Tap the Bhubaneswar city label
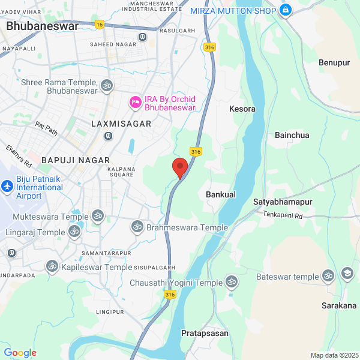click(42, 26)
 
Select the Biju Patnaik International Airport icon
click(7, 187)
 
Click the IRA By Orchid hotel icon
click(135, 104)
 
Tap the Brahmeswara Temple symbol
click(137, 227)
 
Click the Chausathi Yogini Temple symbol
click(232, 281)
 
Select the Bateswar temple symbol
click(328, 276)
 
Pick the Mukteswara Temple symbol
click(97, 216)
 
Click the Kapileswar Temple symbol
click(53, 266)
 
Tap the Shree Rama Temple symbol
click(107, 86)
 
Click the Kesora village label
click(242, 109)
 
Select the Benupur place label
click(334, 62)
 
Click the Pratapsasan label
click(205, 333)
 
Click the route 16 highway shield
click(99, 24)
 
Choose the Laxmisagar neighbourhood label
click(121, 123)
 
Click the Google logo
click(20, 353)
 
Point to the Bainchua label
click(292, 135)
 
